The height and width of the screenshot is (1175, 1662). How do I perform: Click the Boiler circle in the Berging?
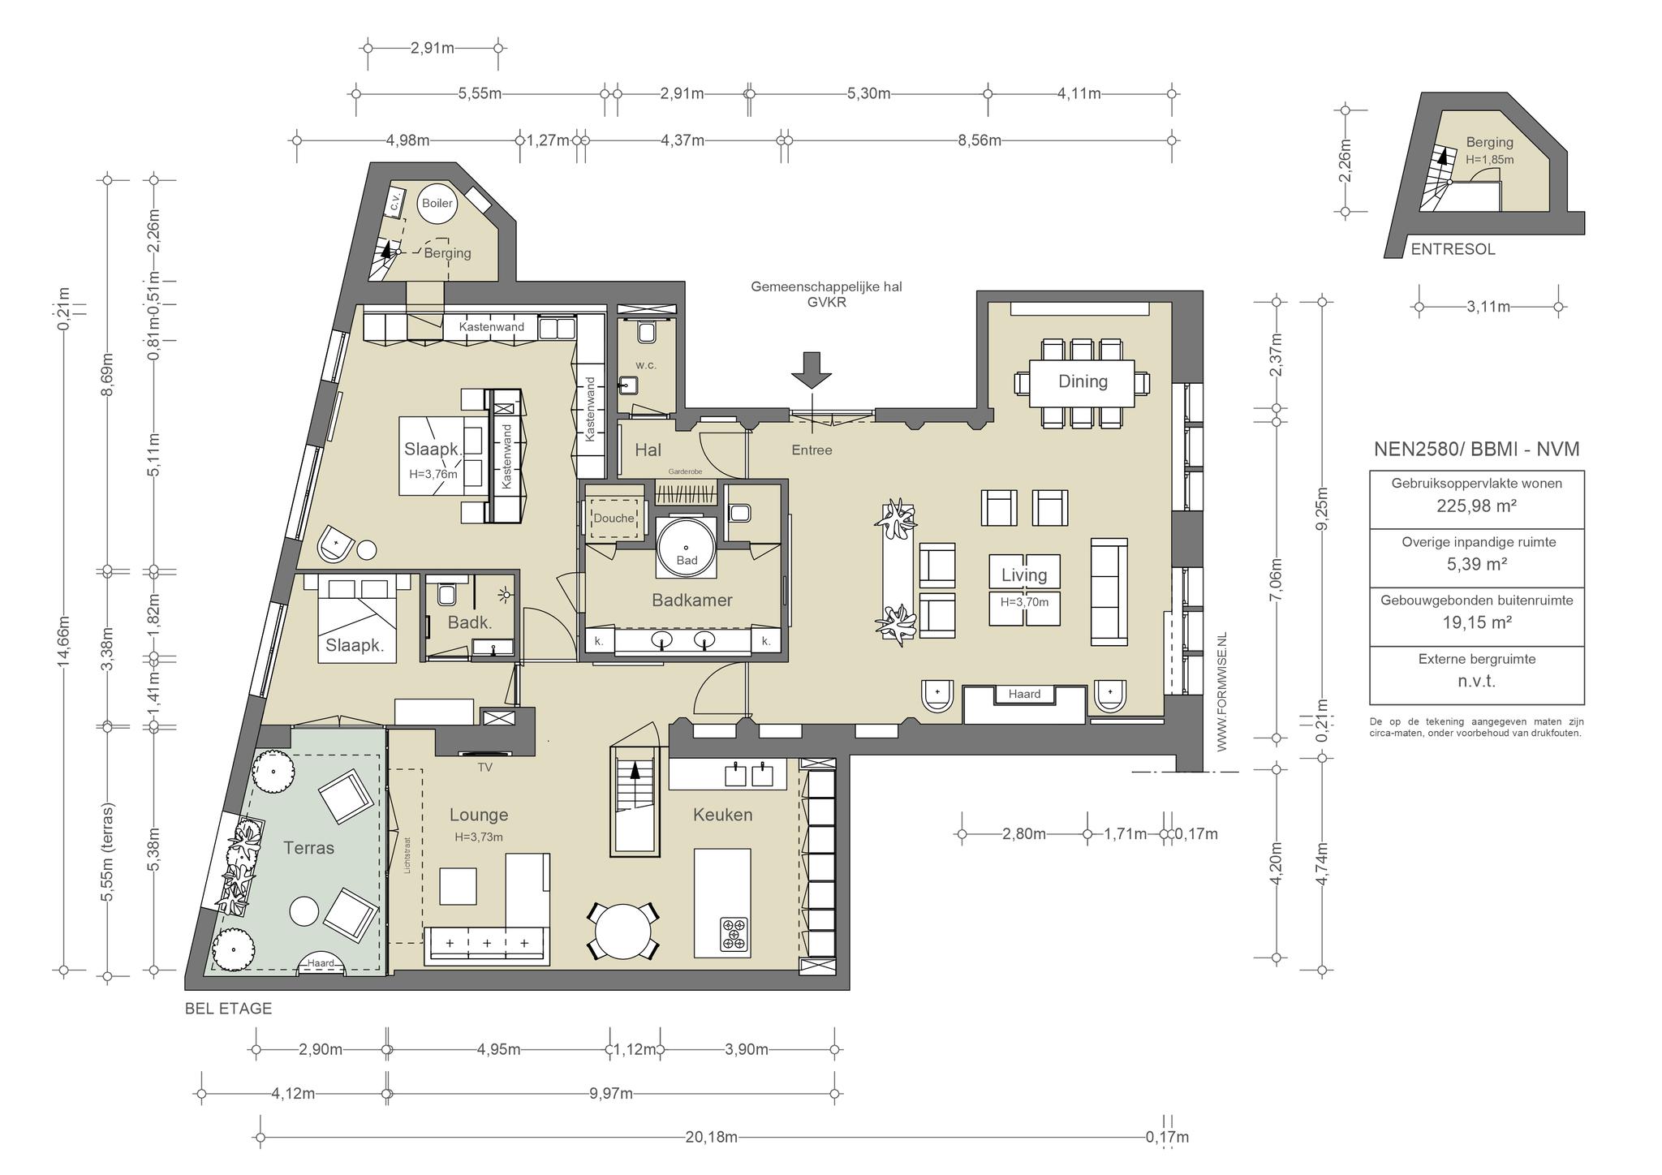pyautogui.click(x=437, y=203)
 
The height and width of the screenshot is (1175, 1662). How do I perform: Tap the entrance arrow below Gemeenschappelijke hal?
pyautogui.click(x=812, y=370)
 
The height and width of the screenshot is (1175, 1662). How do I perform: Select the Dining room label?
pyautogui.click(x=1083, y=381)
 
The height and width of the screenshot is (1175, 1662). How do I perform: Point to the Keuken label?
pyautogui.click(x=722, y=815)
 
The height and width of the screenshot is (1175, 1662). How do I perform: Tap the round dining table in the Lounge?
pyautogui.click(x=623, y=931)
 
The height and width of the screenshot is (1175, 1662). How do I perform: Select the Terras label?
pyautogui.click(x=308, y=848)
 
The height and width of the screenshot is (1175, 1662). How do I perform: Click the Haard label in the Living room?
pyautogui.click(x=1024, y=694)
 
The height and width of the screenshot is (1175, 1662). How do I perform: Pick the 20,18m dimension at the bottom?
pyautogui.click(x=712, y=1138)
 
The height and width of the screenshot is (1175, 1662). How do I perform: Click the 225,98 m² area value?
pyautogui.click(x=1476, y=506)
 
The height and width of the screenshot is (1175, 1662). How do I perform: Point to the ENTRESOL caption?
pyautogui.click(x=1453, y=250)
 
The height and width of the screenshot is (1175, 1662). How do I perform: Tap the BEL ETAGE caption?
pyautogui.click(x=228, y=1009)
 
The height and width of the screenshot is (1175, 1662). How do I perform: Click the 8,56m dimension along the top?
pyautogui.click(x=980, y=140)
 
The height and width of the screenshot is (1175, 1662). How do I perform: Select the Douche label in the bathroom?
pyautogui.click(x=614, y=518)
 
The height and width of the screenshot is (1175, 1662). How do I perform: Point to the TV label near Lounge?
pyautogui.click(x=485, y=767)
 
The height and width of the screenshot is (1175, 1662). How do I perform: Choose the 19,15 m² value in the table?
pyautogui.click(x=1476, y=622)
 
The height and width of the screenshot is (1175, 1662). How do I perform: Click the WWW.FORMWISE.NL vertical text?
pyautogui.click(x=1222, y=691)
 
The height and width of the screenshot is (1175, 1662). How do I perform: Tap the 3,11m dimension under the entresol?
pyautogui.click(x=1488, y=307)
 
